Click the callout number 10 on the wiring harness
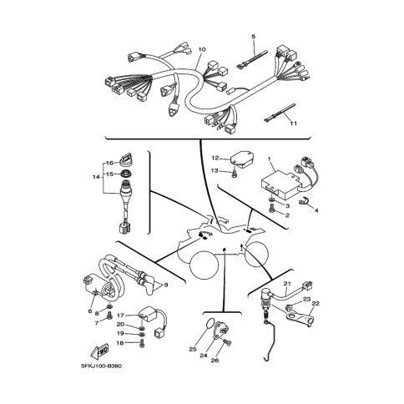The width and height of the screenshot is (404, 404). point(202,49)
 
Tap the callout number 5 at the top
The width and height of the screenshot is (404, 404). point(253,37)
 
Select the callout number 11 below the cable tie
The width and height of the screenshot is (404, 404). point(294,123)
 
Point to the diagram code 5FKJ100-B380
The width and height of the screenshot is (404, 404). point(101,366)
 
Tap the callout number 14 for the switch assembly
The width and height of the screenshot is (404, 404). point(96,177)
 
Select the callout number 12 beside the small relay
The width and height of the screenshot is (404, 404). point(215,159)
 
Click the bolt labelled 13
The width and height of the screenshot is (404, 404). point(235,174)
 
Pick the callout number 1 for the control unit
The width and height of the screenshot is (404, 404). point(269,159)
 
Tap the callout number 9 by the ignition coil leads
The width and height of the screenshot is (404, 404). point(166,285)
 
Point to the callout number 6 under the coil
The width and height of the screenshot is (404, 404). point(90,311)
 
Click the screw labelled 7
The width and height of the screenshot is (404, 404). point(110,316)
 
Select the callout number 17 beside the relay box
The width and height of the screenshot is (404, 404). point(120,316)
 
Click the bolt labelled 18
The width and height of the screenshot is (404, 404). point(142,343)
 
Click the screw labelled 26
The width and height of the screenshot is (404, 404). point(228,342)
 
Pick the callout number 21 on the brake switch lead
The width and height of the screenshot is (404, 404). point(287,284)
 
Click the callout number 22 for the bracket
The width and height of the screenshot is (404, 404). point(316,303)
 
